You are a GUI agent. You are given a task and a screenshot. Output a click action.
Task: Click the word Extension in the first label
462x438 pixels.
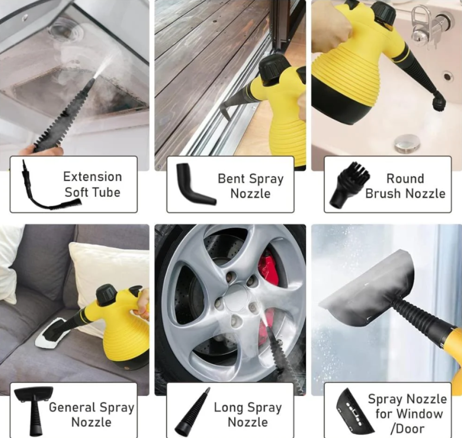pos(92,177)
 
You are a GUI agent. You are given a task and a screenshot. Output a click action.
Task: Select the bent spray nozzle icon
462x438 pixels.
pos(195,184)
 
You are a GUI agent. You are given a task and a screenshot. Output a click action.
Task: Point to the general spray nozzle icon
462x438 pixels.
pos(34,411)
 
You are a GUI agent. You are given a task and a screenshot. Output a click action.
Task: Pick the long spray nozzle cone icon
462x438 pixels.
pos(192,412)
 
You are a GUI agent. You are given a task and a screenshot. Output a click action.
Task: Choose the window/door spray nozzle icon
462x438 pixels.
pos(353,412)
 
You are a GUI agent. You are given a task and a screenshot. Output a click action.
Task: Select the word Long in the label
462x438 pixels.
pos(229,408)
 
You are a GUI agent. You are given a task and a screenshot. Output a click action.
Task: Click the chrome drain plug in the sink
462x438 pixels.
pos(407,144)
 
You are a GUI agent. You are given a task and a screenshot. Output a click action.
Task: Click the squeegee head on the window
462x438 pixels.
pos(368,290)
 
